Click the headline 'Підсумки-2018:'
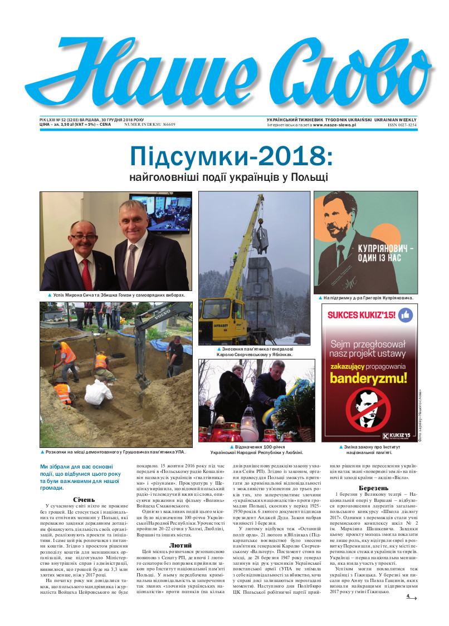click(231, 157)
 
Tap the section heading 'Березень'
click(374, 488)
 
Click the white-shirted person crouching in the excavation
click(98, 393)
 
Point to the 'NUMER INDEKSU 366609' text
click(150, 125)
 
